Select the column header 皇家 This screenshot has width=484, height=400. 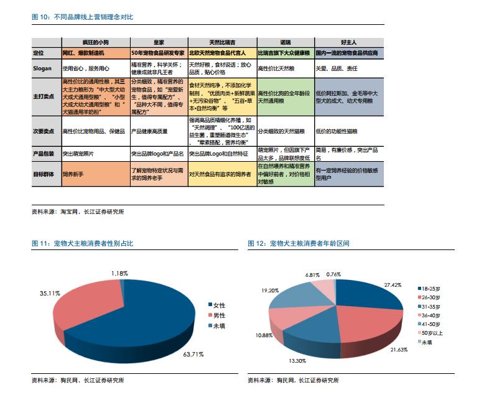click(x=158, y=42)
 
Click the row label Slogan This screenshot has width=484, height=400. click(x=42, y=68)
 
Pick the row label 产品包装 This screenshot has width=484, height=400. click(x=44, y=152)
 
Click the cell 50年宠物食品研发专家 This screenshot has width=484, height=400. click(x=158, y=53)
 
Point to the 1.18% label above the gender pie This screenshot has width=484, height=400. click(x=120, y=273)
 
